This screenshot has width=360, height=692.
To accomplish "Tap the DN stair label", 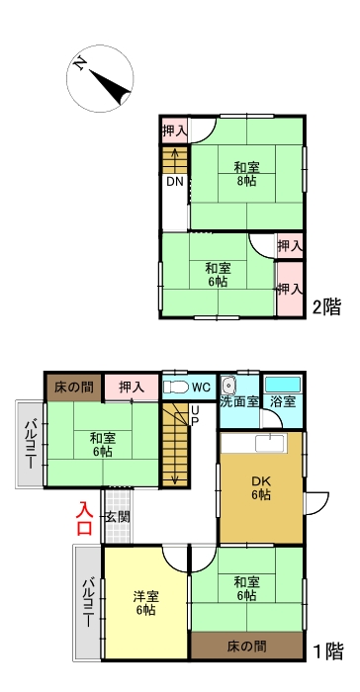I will click(174, 183).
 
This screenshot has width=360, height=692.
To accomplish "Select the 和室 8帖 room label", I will click(246, 173).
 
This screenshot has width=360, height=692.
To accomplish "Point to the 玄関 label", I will click(117, 517).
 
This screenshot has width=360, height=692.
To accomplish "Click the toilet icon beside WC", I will click(175, 387).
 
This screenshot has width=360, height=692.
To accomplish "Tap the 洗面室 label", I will click(238, 403).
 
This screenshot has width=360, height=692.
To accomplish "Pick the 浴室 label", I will click(284, 403).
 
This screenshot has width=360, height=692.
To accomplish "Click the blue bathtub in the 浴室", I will click(284, 383).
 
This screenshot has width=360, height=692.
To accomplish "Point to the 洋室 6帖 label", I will click(144, 604).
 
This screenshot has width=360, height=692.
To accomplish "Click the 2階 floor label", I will click(326, 307).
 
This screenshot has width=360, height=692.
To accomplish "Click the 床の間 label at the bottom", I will click(246, 648).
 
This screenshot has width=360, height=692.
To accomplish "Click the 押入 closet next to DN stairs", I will click(175, 130).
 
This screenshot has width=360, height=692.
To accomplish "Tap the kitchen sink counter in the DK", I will click(271, 442).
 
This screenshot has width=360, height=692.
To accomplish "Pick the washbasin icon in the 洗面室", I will click(228, 385).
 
